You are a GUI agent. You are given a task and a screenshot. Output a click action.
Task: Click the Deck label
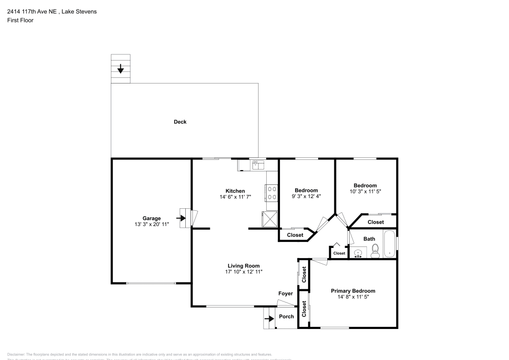[180, 122]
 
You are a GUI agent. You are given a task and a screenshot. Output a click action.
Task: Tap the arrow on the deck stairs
[121, 68]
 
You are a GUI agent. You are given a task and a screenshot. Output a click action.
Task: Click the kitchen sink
[258, 164]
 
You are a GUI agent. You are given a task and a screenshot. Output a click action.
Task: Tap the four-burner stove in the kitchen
[271, 193]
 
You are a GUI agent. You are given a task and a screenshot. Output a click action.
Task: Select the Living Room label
[243, 266]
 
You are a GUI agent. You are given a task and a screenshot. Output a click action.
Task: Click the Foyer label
[286, 293]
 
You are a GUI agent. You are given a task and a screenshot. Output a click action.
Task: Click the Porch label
[287, 316]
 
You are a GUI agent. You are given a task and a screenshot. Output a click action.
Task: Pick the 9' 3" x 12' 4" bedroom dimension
[306, 197]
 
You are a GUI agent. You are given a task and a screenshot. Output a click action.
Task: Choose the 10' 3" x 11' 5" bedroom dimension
[365, 191]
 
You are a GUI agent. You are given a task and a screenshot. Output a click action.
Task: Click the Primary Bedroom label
[356, 291]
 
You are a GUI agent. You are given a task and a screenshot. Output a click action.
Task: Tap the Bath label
[369, 238]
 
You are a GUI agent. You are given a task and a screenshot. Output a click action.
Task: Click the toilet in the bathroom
[375, 250]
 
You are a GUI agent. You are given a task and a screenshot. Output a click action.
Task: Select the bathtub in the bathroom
[389, 243]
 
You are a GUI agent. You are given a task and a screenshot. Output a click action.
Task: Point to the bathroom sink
[358, 253]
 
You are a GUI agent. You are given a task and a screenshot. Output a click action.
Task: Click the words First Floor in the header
[20, 20]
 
